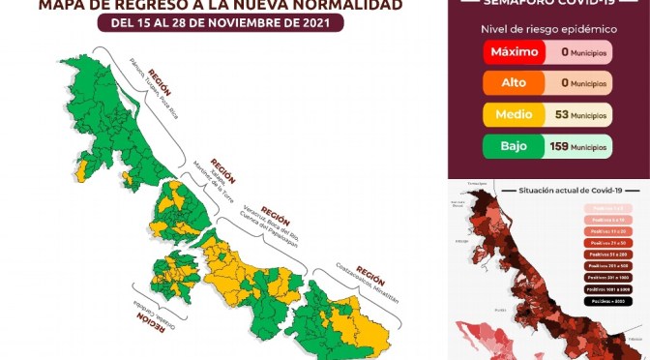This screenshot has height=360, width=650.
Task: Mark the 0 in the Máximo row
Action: [x=564, y=53]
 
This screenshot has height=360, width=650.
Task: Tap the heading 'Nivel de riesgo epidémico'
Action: [x=547, y=29]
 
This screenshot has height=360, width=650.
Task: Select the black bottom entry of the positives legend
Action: [x=611, y=301]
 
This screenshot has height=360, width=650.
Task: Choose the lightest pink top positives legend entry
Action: [x=611, y=207]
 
